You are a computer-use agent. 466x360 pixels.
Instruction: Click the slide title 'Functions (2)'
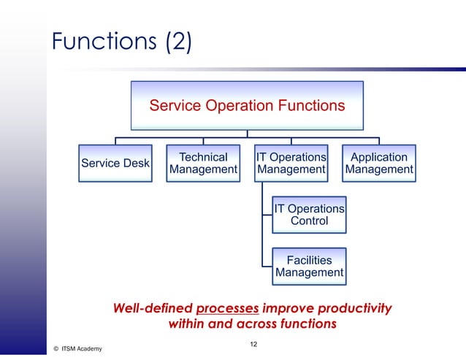[x=121, y=42]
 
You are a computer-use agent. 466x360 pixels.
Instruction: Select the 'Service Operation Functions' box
[x=247, y=105]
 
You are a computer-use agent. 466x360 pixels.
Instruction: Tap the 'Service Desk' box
[x=115, y=164]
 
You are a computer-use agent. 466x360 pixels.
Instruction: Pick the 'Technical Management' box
[x=203, y=164]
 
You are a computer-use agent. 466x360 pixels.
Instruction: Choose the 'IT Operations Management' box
[x=291, y=164]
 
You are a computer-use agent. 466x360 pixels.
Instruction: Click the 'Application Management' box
[x=379, y=164]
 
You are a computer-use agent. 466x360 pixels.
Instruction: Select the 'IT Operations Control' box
[x=309, y=215]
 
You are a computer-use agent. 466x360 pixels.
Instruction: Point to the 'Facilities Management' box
[x=309, y=267]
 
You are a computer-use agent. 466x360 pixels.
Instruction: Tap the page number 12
[x=253, y=343]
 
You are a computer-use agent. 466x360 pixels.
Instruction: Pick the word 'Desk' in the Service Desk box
[x=136, y=164]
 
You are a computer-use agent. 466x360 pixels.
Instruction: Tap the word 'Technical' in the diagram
[x=203, y=157]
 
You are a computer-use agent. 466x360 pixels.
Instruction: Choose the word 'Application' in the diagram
[x=379, y=157]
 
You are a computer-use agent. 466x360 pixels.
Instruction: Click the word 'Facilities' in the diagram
[x=309, y=260]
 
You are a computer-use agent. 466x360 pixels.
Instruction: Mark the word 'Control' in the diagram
[x=309, y=221]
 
